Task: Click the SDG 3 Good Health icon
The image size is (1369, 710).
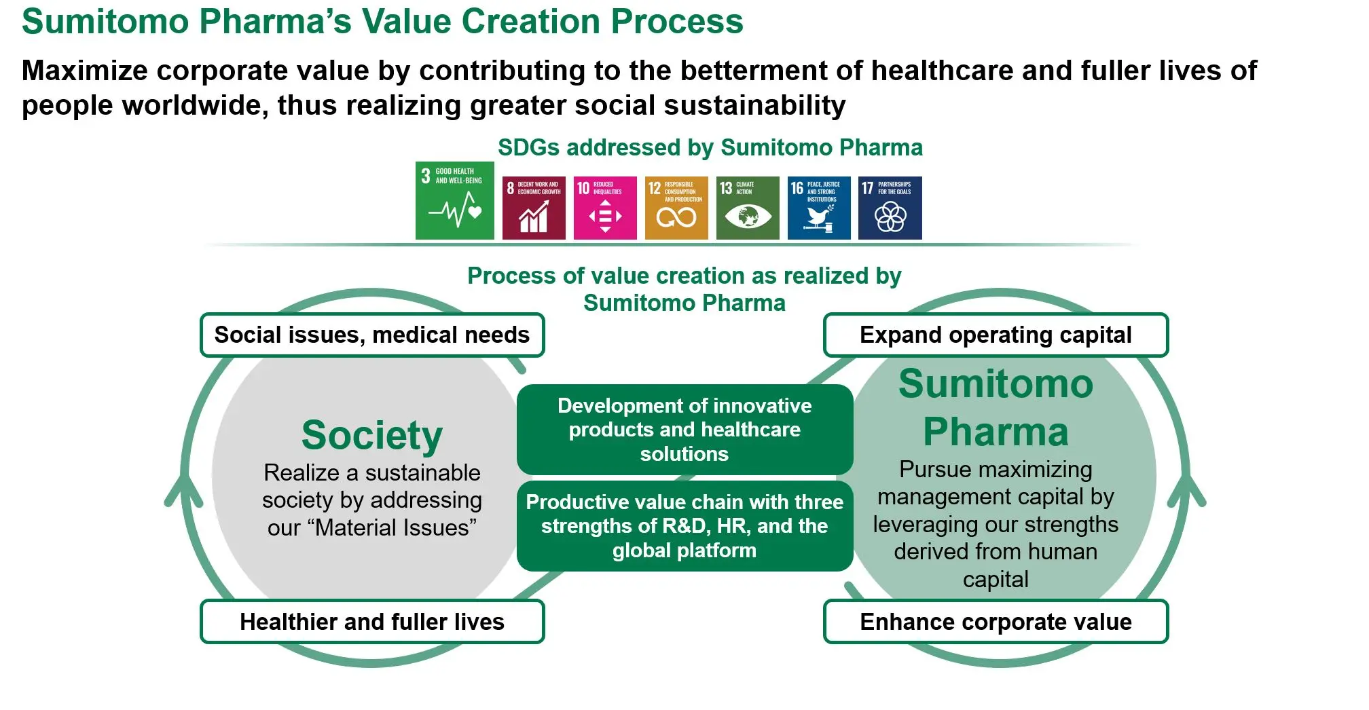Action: pyautogui.click(x=454, y=200)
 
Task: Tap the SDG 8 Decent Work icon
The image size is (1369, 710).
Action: pyautogui.click(x=533, y=208)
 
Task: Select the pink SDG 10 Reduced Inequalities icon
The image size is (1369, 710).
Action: pyautogui.click(x=604, y=208)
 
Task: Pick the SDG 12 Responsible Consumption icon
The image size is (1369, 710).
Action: pyautogui.click(x=676, y=208)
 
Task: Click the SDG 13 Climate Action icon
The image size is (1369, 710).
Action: pyautogui.click(x=747, y=208)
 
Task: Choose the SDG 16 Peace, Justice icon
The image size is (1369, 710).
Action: pyautogui.click(x=818, y=208)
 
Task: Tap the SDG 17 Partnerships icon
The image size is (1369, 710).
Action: pyautogui.click(x=890, y=208)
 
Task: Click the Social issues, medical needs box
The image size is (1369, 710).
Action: pyautogui.click(x=372, y=335)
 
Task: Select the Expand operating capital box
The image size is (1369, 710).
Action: pyautogui.click(x=996, y=335)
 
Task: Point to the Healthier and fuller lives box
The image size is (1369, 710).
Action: pyautogui.click(x=372, y=621)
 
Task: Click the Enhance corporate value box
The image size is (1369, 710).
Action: pyautogui.click(x=996, y=621)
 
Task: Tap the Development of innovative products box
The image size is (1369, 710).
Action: pyautogui.click(x=684, y=429)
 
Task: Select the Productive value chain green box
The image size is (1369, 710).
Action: pyautogui.click(x=684, y=525)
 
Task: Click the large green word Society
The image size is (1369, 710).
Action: pyautogui.click(x=372, y=434)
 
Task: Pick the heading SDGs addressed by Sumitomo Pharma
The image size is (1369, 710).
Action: pyautogui.click(x=710, y=147)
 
